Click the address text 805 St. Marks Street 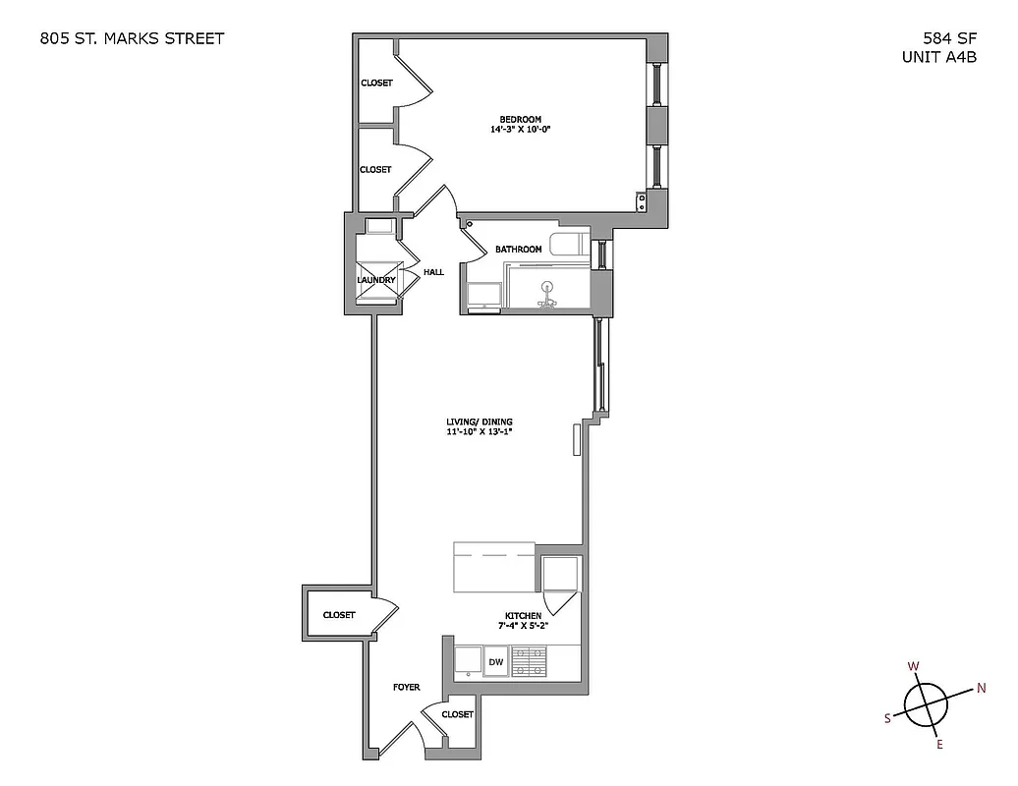pos(132,39)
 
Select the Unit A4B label pos(938,57)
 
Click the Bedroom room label pos(520,120)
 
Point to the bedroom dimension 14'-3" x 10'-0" pos(520,130)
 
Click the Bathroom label pos(518,250)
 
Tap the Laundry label pos(376,280)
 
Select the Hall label pos(433,272)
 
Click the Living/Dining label pos(480,422)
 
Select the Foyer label pos(406,688)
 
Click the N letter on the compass pos(981,688)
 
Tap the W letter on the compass pos(913,667)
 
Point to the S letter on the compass pos(887,718)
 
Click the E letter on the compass pos(939,744)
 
